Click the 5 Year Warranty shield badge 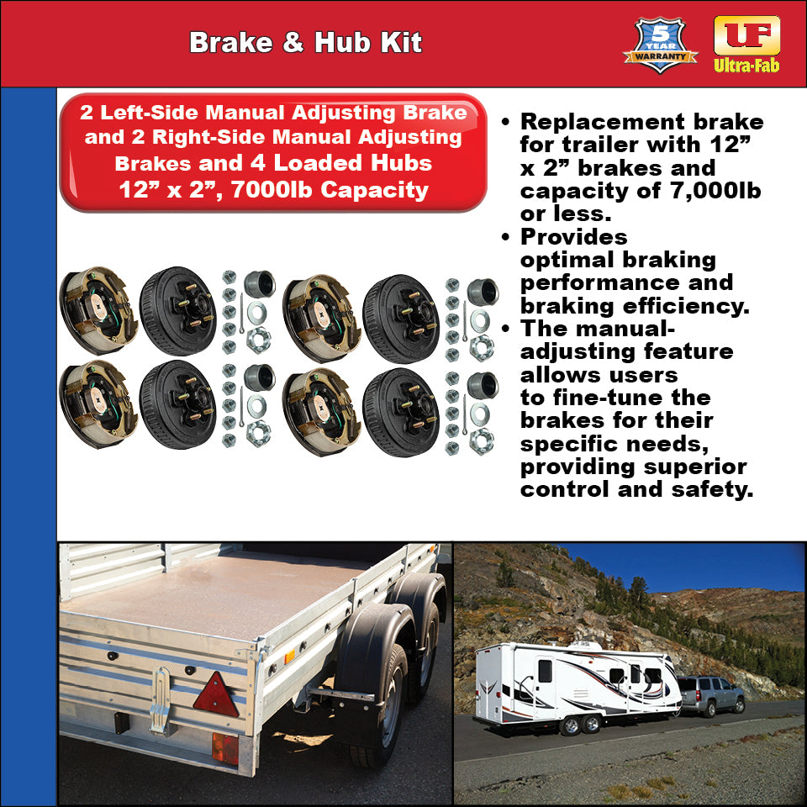(x=660, y=45)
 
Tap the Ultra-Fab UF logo (x=746, y=43)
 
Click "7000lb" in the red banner (x=269, y=190)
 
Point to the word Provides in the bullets (x=574, y=237)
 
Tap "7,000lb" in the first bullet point (x=715, y=191)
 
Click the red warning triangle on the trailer (x=216, y=695)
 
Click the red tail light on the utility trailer (x=224, y=747)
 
